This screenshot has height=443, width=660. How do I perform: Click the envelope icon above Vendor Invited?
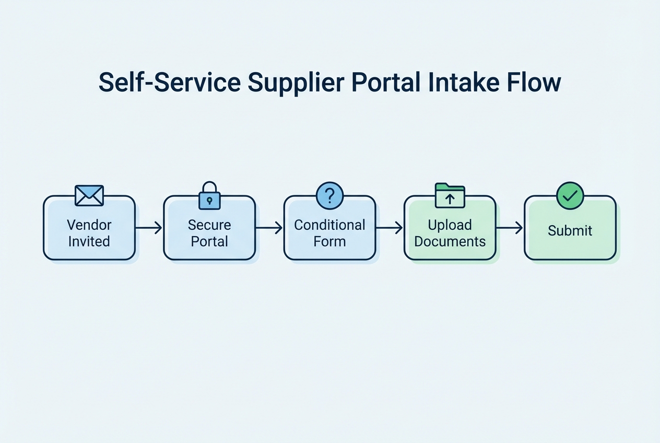(x=89, y=195)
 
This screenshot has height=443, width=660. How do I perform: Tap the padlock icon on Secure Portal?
(x=209, y=196)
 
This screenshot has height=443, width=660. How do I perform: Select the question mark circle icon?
(x=329, y=196)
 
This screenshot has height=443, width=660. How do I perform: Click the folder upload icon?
(x=450, y=196)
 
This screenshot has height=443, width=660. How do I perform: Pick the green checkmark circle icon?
(x=570, y=196)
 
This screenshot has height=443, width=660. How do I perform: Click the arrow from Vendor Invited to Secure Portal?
(x=149, y=228)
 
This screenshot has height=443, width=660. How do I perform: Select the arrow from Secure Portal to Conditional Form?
(x=269, y=228)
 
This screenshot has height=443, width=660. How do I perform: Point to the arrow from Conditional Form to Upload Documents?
(x=390, y=228)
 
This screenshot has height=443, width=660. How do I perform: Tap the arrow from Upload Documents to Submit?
(x=510, y=228)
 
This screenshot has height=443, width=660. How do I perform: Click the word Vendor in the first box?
(x=89, y=225)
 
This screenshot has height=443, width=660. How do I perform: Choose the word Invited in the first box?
(x=89, y=241)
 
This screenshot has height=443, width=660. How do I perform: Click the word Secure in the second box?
(x=209, y=225)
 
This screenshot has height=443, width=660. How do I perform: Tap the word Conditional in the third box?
(x=329, y=225)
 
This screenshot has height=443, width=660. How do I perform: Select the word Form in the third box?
(x=329, y=241)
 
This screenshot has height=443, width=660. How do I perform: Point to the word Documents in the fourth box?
(x=450, y=241)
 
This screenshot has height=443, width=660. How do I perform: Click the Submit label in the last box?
(x=570, y=230)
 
